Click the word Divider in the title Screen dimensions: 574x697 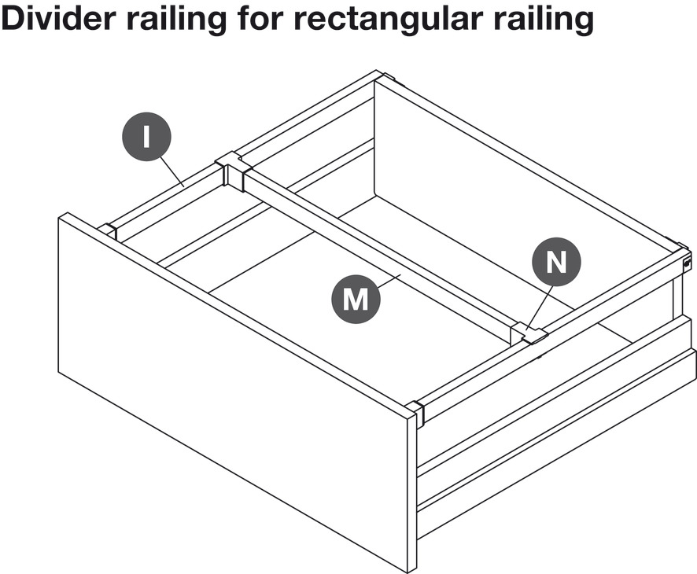point(59,19)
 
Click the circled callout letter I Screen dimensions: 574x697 point(146,137)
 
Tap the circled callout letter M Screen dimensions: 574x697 point(356,300)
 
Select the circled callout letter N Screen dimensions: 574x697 point(556,262)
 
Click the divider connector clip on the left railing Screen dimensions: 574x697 point(232,170)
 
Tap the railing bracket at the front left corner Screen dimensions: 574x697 point(107,232)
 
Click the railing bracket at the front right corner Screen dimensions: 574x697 point(415,412)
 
